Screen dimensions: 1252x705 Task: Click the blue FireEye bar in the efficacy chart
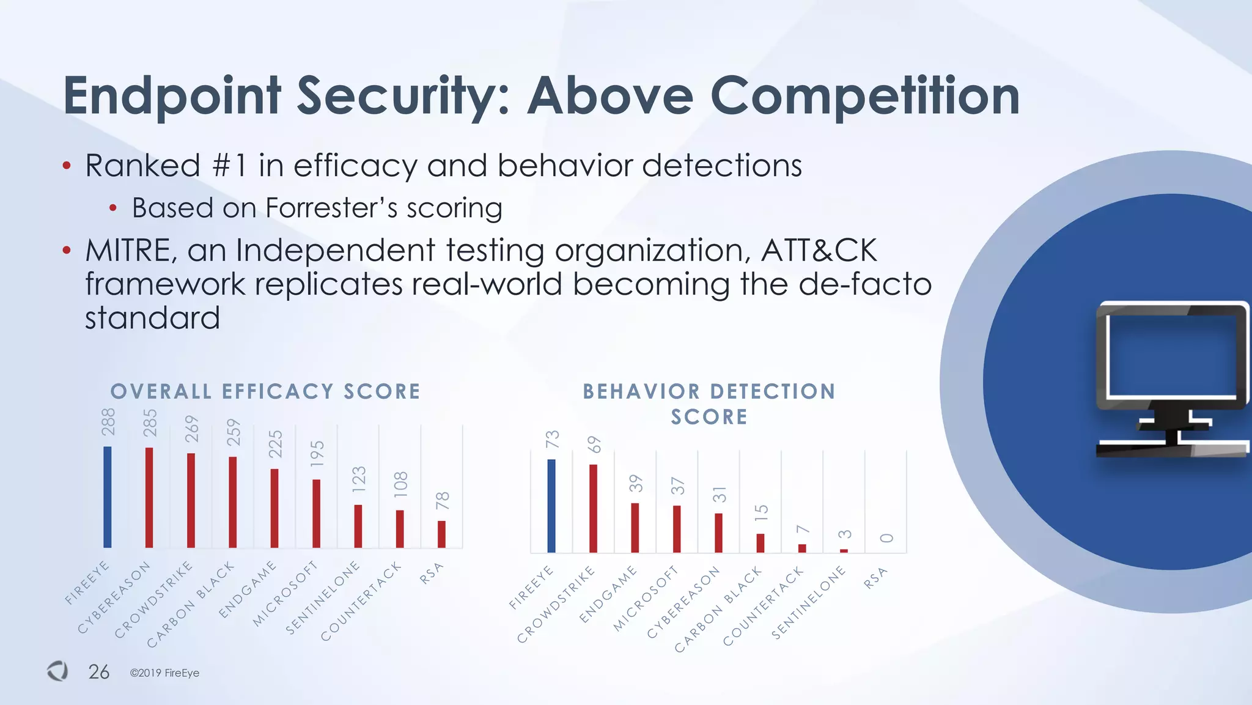[108, 496]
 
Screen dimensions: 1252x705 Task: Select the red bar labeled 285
[149, 497]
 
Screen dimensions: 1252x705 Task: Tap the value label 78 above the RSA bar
[443, 501]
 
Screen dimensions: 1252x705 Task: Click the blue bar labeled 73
[551, 506]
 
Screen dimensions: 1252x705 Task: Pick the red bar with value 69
[593, 508]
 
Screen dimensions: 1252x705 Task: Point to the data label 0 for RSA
[887, 538]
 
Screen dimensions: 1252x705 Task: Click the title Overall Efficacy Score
[265, 391]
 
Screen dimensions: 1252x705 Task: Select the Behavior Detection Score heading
[709, 404]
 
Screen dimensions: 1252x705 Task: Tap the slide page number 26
[98, 672]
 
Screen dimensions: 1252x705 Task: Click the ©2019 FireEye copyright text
[164, 673]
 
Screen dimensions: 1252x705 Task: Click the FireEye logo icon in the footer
[58, 671]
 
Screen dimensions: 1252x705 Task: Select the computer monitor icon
[1171, 379]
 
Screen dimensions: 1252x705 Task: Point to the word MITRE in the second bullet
[128, 251]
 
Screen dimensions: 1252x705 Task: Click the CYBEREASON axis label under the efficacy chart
[114, 598]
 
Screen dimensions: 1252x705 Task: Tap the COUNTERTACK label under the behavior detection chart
[762, 606]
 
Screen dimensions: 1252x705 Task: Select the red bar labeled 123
[358, 526]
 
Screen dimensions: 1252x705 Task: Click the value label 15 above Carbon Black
[761, 512]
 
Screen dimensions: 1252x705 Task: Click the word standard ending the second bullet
[152, 318]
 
